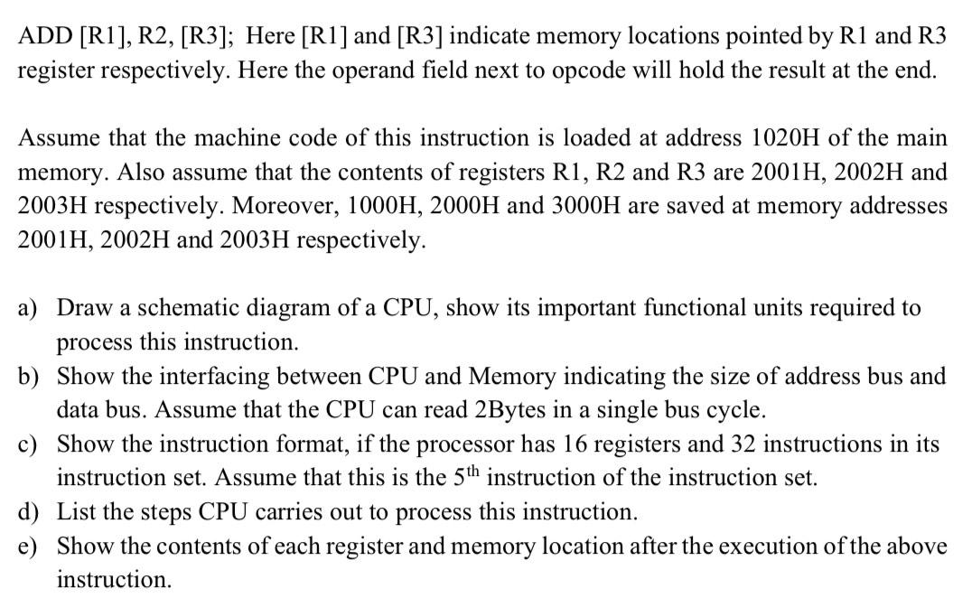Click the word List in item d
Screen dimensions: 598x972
76,513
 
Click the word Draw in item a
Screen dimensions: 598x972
82,309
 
